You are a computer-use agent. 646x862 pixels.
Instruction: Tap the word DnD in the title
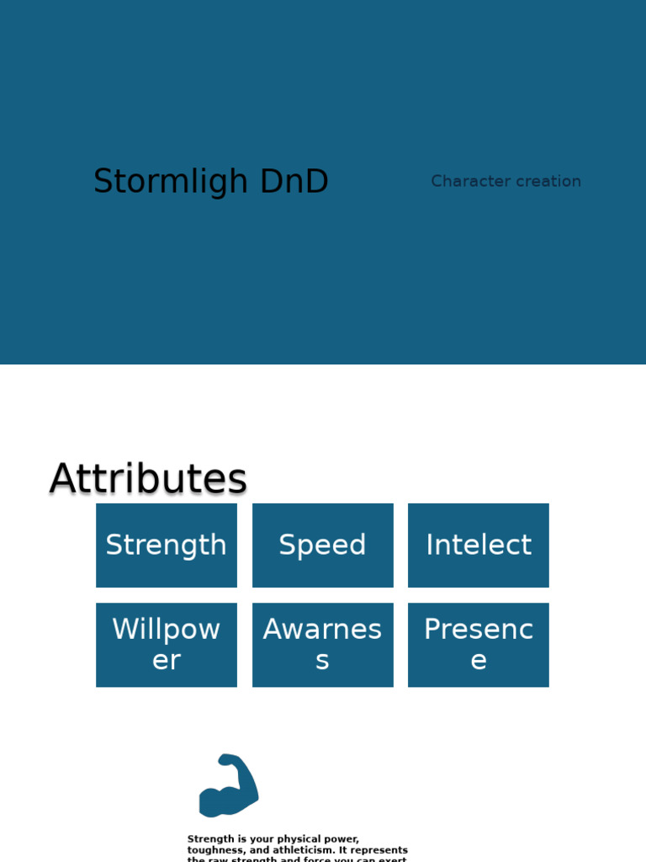294,182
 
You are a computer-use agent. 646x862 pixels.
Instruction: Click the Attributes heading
148,478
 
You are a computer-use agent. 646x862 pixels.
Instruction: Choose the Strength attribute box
167,545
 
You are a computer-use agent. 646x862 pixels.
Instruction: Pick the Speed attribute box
323,545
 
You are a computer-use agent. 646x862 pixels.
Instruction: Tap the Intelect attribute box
479,545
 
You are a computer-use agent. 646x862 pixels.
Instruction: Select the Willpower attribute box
167,645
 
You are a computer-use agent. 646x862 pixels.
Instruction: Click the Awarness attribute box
323,645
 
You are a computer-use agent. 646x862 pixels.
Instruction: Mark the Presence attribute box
479,645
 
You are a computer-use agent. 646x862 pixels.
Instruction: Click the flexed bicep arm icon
228,786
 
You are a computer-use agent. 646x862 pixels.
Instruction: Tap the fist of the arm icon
231,761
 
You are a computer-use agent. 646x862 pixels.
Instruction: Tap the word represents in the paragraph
379,850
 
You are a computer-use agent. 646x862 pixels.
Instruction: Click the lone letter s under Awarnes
323,661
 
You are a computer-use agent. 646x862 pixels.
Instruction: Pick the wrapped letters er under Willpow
167,661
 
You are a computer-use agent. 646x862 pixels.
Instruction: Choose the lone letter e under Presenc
479,661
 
